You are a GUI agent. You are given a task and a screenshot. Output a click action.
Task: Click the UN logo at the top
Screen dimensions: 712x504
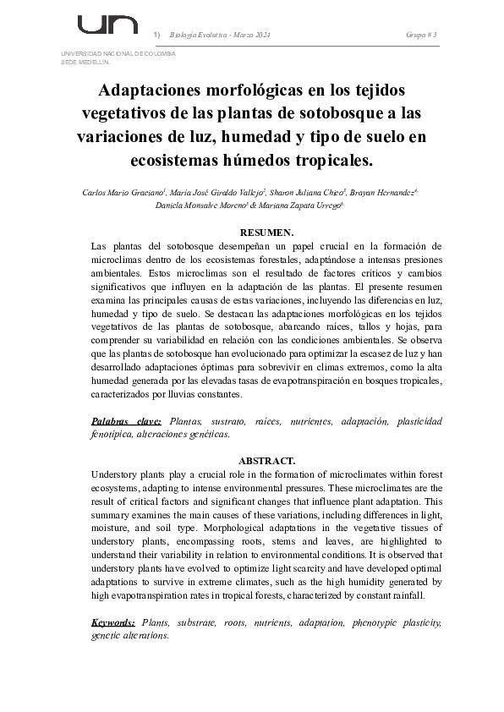click(x=107, y=25)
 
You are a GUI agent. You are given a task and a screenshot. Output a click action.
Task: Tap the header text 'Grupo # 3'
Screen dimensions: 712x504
click(x=421, y=35)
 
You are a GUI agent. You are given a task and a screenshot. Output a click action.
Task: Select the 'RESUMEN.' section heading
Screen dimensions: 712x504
click(x=266, y=232)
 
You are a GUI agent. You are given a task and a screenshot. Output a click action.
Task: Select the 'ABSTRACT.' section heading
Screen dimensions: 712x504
click(x=266, y=461)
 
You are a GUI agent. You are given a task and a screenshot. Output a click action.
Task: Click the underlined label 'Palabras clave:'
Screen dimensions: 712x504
click(x=126, y=420)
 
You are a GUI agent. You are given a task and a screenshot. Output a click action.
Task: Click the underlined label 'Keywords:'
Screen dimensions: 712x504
click(x=113, y=622)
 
